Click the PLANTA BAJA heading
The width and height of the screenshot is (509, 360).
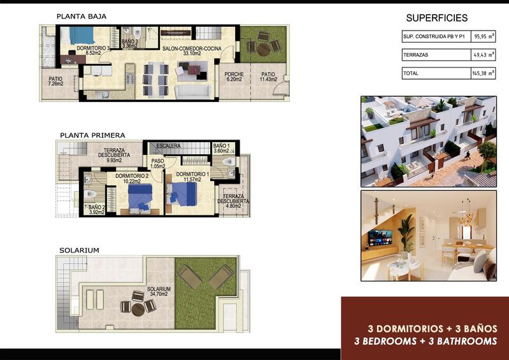(81, 16)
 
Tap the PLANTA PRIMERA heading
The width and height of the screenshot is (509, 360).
(92, 135)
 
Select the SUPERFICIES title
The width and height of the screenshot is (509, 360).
(436, 18)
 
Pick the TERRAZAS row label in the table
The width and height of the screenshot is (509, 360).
(416, 55)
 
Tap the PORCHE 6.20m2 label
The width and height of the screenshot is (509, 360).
(234, 77)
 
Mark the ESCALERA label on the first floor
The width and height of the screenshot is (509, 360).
(168, 146)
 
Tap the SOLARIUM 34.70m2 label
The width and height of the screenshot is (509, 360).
(157, 291)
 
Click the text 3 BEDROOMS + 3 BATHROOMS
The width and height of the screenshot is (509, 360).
(425, 342)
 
